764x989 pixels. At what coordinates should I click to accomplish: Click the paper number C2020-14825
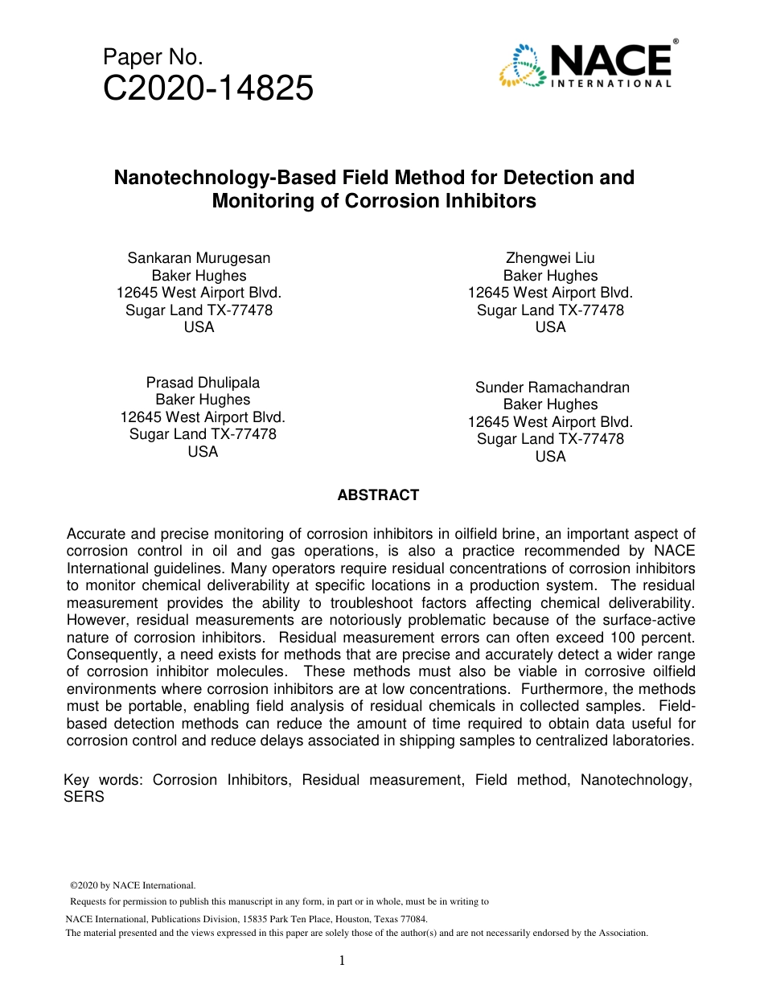[x=208, y=88]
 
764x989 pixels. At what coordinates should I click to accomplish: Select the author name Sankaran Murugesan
[x=199, y=258]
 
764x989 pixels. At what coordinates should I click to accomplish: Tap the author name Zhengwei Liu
[x=550, y=258]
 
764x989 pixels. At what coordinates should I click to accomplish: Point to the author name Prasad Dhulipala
[x=203, y=383]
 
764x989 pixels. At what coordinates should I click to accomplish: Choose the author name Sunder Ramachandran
[x=552, y=388]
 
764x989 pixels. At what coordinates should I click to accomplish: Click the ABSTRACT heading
[x=378, y=495]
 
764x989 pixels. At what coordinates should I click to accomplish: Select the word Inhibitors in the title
[x=490, y=201]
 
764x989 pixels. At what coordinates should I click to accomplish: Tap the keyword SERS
[x=84, y=798]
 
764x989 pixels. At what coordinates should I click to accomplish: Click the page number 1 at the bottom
[x=342, y=960]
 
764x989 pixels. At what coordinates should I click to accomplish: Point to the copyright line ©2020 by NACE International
[x=133, y=885]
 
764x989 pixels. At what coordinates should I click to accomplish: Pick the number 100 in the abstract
[x=616, y=638]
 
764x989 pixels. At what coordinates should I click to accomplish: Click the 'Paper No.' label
[x=153, y=57]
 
